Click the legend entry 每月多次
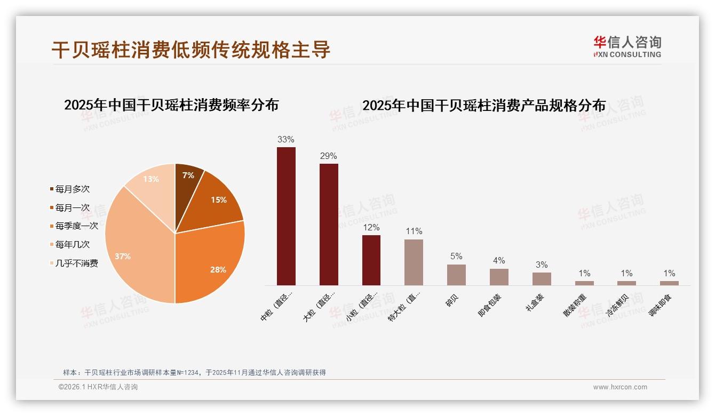[x=72, y=189]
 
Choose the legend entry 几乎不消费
[x=76, y=263]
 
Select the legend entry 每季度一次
[x=76, y=226]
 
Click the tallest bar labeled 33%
[x=286, y=216]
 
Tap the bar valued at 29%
[x=329, y=224]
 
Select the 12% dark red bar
[x=371, y=260]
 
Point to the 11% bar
[x=414, y=262]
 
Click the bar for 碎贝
[x=456, y=275]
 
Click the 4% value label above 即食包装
[x=499, y=260]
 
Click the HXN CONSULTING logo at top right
[x=627, y=47]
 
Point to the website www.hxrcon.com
[x=620, y=387]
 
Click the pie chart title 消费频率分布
[x=171, y=105]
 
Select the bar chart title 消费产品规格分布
[x=484, y=106]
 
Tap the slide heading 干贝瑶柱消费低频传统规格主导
[x=191, y=50]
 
